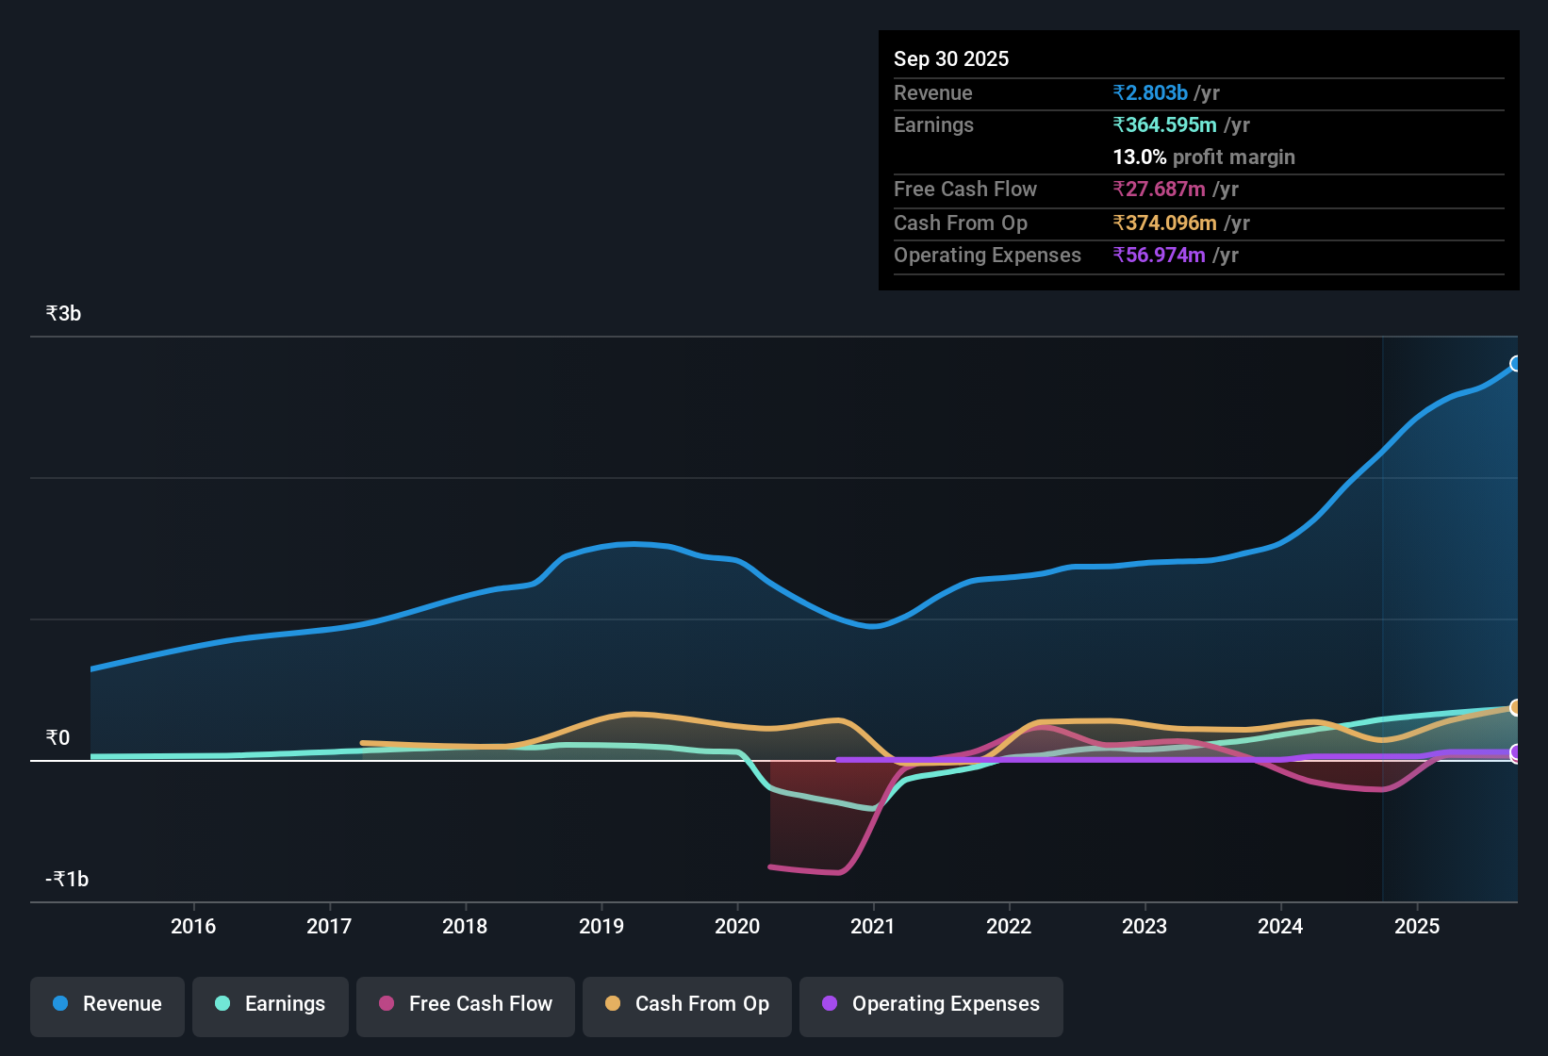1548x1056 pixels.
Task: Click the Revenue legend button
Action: (x=107, y=1004)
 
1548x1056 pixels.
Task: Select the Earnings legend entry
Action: (x=271, y=1004)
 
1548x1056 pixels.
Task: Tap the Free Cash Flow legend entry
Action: (x=466, y=1004)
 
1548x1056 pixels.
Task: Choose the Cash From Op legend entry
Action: (x=687, y=1004)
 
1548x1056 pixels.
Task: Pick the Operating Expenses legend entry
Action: (x=931, y=1004)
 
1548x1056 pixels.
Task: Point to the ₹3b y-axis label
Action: (x=63, y=314)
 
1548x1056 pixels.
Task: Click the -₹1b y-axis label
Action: (x=67, y=880)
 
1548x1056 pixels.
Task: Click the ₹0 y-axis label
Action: (x=58, y=738)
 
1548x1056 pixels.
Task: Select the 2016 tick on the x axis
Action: (x=193, y=927)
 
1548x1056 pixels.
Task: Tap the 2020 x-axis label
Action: (x=737, y=927)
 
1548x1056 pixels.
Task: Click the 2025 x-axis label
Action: (x=1417, y=927)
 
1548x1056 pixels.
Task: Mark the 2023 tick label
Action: (x=1145, y=927)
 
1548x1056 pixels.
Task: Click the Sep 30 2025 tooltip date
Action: (x=951, y=59)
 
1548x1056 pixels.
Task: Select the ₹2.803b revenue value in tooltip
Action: (x=1150, y=93)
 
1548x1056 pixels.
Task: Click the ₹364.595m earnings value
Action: (x=1164, y=125)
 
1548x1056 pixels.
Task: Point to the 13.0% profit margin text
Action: (x=1204, y=157)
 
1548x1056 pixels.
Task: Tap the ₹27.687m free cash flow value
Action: (x=1159, y=190)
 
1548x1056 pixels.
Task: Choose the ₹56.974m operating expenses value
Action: (x=1159, y=256)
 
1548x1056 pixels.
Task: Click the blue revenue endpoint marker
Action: (x=1516, y=364)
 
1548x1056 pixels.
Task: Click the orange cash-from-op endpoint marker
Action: (x=1516, y=707)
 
